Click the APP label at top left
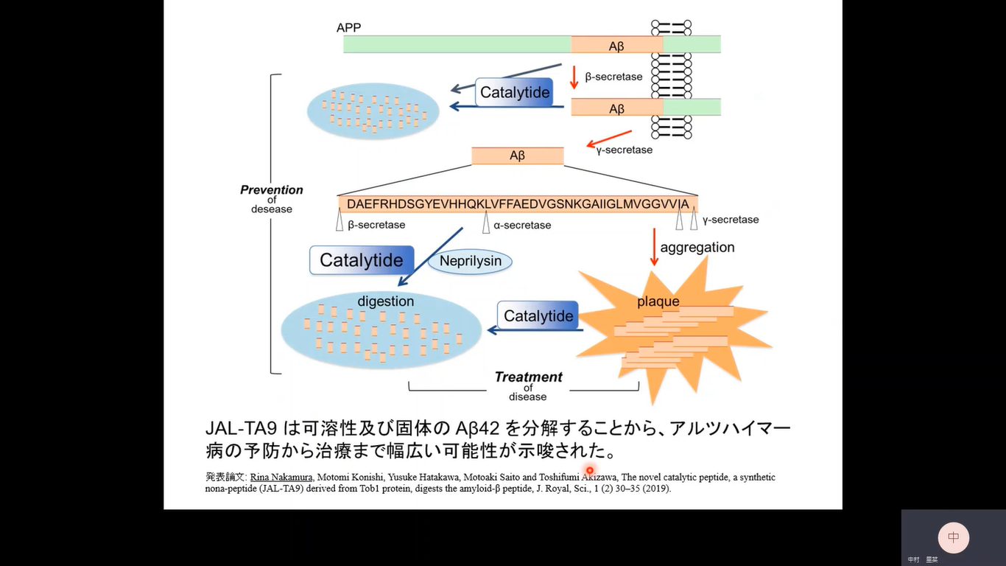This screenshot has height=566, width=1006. (x=348, y=28)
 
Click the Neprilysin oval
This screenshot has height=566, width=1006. (x=470, y=261)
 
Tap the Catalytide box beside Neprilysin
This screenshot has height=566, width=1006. (x=361, y=260)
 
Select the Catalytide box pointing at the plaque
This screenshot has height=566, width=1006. (x=538, y=316)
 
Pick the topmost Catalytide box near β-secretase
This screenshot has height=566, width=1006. (x=515, y=93)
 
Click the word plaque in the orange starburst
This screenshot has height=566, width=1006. (x=658, y=301)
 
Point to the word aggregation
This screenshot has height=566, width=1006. (x=697, y=248)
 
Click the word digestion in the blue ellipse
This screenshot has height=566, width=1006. (x=385, y=301)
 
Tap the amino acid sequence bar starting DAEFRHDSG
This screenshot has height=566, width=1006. (x=518, y=204)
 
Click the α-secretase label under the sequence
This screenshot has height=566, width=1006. (x=522, y=226)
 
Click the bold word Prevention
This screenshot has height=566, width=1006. (x=272, y=190)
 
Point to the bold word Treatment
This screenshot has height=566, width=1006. (x=528, y=377)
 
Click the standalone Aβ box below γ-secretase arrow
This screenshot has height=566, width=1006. (x=517, y=156)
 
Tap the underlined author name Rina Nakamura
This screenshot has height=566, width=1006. (x=281, y=478)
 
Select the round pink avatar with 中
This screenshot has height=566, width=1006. (x=953, y=537)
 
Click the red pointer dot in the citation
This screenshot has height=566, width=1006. (x=590, y=470)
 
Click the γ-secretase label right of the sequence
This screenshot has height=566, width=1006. (x=730, y=220)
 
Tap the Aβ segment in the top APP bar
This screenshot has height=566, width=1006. (x=616, y=46)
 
